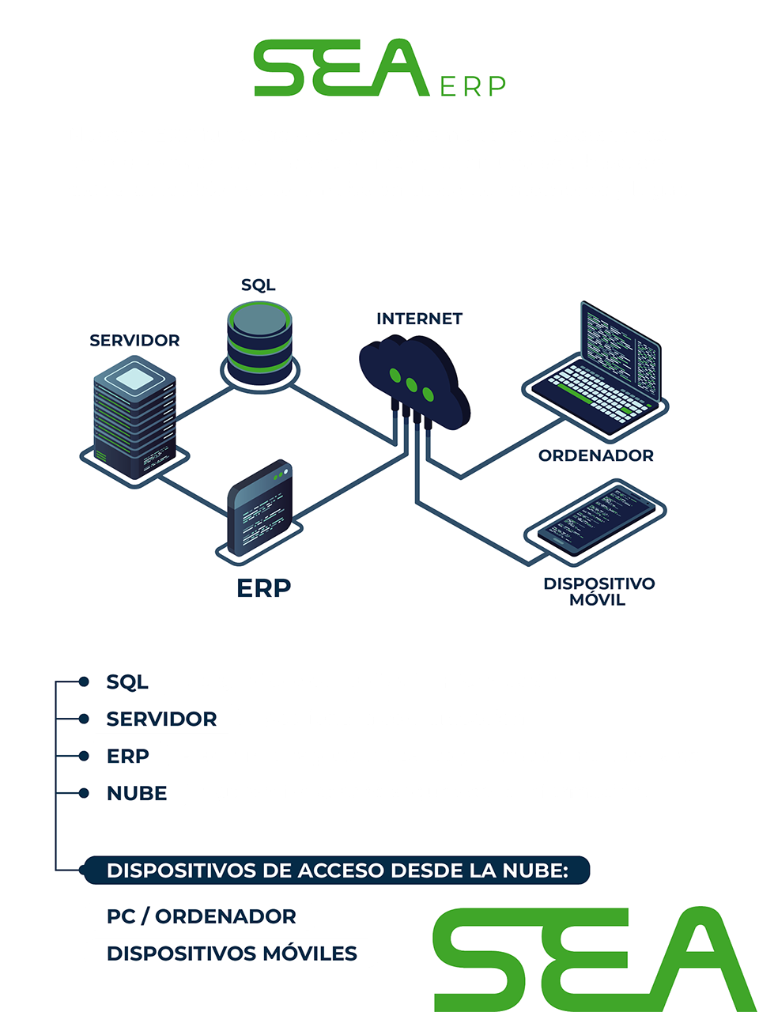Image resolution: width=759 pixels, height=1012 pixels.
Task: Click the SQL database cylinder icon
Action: [x=259, y=340]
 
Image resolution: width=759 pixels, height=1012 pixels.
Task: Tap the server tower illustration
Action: [x=134, y=419]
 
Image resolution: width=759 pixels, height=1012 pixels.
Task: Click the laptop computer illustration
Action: [x=597, y=372]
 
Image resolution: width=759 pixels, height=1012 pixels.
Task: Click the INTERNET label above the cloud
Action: [x=419, y=319]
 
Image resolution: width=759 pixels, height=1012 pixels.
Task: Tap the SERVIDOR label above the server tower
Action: [x=134, y=340]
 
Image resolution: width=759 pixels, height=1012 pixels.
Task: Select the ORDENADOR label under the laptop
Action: [x=596, y=455]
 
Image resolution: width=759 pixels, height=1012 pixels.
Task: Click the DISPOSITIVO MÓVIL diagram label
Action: [x=599, y=591]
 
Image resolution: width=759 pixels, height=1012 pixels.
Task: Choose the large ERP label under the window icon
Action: [x=263, y=588]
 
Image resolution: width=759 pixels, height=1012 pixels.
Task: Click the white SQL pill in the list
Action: [x=127, y=682]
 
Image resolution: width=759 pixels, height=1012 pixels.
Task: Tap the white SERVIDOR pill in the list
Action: [x=161, y=719]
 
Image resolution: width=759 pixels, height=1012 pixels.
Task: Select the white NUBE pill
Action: [x=137, y=793]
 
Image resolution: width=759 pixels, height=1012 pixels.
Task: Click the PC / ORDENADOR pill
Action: [x=201, y=916]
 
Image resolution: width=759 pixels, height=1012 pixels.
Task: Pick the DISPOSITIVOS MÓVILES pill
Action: [x=232, y=953]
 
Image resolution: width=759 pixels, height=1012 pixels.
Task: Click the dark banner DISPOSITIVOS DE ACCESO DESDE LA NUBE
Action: [x=337, y=870]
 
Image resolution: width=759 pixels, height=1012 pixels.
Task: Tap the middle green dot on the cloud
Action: [x=411, y=384]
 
